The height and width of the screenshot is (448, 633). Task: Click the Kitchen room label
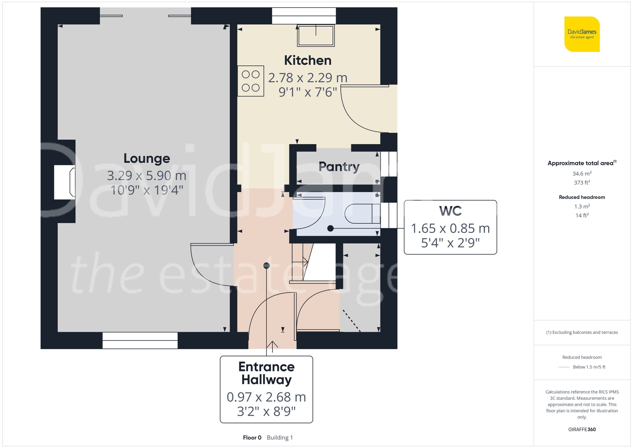[x=308, y=60]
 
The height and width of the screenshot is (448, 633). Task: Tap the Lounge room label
[x=147, y=158]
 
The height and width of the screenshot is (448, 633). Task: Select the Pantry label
[x=339, y=167]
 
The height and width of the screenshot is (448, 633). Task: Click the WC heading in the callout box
[x=450, y=211]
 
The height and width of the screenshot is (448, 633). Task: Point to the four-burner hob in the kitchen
[x=251, y=81]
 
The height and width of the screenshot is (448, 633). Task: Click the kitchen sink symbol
[x=316, y=35]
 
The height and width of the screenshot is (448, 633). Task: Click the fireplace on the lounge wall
[x=65, y=182]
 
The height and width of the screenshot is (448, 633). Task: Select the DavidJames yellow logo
[x=582, y=34]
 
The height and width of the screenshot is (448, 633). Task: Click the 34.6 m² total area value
[x=582, y=174]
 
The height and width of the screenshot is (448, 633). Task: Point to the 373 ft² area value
[x=582, y=183]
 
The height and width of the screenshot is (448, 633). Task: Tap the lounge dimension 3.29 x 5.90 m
[x=147, y=175]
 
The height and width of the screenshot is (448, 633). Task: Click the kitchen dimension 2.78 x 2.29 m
[x=308, y=78]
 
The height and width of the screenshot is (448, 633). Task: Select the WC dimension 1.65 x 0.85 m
[x=450, y=228]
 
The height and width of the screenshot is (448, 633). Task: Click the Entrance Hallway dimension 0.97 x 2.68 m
[x=266, y=397]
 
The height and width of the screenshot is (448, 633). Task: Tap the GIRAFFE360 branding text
[x=582, y=430]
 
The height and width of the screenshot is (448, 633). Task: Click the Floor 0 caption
[x=252, y=438]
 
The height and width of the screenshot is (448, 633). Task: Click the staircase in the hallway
[x=302, y=262]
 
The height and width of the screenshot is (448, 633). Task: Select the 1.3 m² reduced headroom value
[x=582, y=206]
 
